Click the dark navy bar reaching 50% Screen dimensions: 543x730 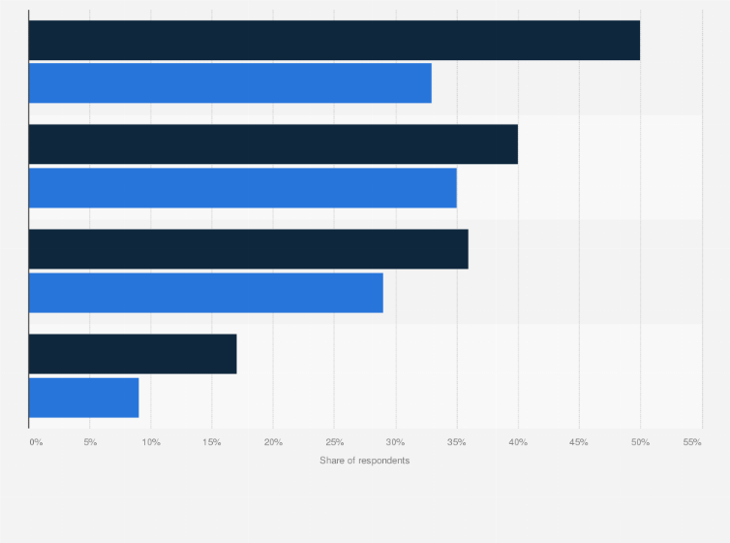tap(334, 40)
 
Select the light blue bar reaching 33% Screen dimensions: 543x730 tap(229, 82)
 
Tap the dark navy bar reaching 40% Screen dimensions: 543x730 tap(273, 144)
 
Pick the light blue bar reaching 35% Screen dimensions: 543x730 tap(242, 187)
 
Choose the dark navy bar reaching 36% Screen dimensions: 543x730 tap(248, 248)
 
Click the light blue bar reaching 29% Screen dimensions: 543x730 tap(205, 292)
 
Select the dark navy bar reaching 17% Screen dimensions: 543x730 tap(133, 354)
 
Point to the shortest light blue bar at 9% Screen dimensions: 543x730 tap(83, 398)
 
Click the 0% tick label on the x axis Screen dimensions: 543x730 tap(36, 442)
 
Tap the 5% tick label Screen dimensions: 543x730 tap(90, 442)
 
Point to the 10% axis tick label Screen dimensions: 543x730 tap(151, 442)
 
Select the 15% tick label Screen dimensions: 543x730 tap(212, 442)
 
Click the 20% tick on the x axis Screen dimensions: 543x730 tap(273, 442)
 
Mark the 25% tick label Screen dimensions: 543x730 tap(334, 442)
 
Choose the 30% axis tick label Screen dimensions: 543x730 tap(395, 442)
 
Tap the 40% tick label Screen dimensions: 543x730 tap(518, 442)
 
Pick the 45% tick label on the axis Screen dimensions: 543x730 tap(579, 442)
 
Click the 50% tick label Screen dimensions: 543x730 tap(640, 442)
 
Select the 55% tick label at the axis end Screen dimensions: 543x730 tap(692, 442)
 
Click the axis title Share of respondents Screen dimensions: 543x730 tap(364, 460)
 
